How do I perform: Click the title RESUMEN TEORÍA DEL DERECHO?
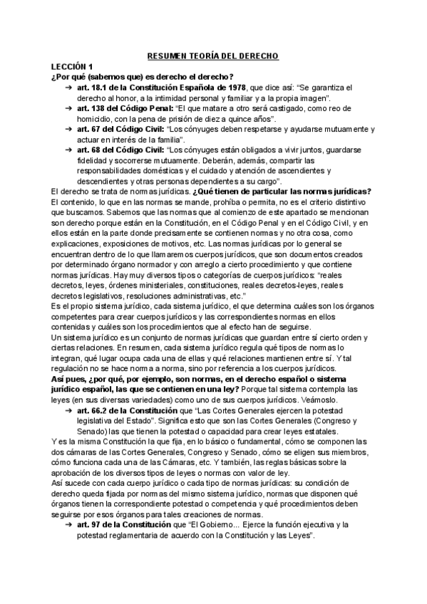pos(213,56)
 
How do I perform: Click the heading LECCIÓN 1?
pos(73,66)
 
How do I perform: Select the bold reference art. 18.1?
pos(94,87)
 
